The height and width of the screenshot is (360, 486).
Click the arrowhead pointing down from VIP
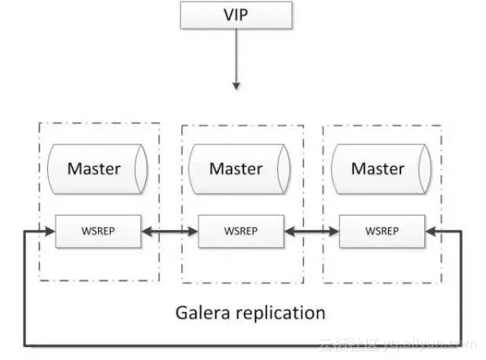[236, 84]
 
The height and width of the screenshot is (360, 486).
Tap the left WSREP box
[98, 231]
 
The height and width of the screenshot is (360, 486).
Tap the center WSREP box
[241, 231]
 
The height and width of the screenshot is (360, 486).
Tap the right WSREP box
[382, 231]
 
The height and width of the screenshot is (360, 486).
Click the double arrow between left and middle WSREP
[169, 232]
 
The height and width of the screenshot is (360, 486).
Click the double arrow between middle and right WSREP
[312, 232]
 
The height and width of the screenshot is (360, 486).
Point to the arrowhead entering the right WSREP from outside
[431, 232]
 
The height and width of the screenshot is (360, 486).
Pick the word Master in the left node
[94, 169]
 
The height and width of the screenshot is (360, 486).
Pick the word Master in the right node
[377, 169]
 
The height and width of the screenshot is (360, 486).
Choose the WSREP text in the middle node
[241, 231]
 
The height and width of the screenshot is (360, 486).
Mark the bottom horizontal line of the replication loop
[162, 346]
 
